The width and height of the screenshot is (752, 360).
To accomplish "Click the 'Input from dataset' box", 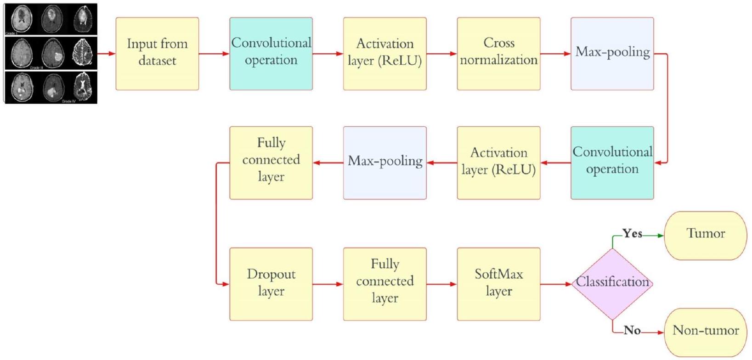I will [x=157, y=54].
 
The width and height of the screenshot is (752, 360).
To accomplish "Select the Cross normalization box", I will [x=498, y=54].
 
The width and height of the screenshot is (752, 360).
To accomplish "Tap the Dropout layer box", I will [x=271, y=284].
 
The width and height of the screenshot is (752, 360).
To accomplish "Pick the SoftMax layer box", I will [x=498, y=284].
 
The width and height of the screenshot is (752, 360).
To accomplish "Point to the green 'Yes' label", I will [x=632, y=234].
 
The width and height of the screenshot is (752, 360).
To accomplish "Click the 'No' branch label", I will [x=632, y=330].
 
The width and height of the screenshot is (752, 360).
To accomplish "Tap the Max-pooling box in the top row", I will [x=612, y=54].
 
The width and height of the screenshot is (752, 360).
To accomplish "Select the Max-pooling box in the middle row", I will [x=385, y=163].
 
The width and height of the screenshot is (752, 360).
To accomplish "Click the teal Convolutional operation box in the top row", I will [x=271, y=54].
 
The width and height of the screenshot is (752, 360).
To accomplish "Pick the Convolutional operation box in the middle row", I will [x=612, y=163].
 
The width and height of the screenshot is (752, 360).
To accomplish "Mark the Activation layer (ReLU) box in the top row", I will [x=385, y=54].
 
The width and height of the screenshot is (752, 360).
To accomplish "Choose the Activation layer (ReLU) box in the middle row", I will [x=498, y=163].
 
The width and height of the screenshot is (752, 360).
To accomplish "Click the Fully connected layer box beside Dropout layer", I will [x=385, y=284].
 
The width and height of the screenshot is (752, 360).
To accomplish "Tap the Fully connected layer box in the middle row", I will [x=271, y=163].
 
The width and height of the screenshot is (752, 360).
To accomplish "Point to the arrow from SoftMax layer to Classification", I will [x=556, y=284].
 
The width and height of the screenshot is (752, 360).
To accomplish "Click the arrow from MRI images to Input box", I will [x=107, y=54].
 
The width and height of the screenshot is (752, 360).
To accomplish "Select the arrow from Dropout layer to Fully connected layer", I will [x=328, y=284].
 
